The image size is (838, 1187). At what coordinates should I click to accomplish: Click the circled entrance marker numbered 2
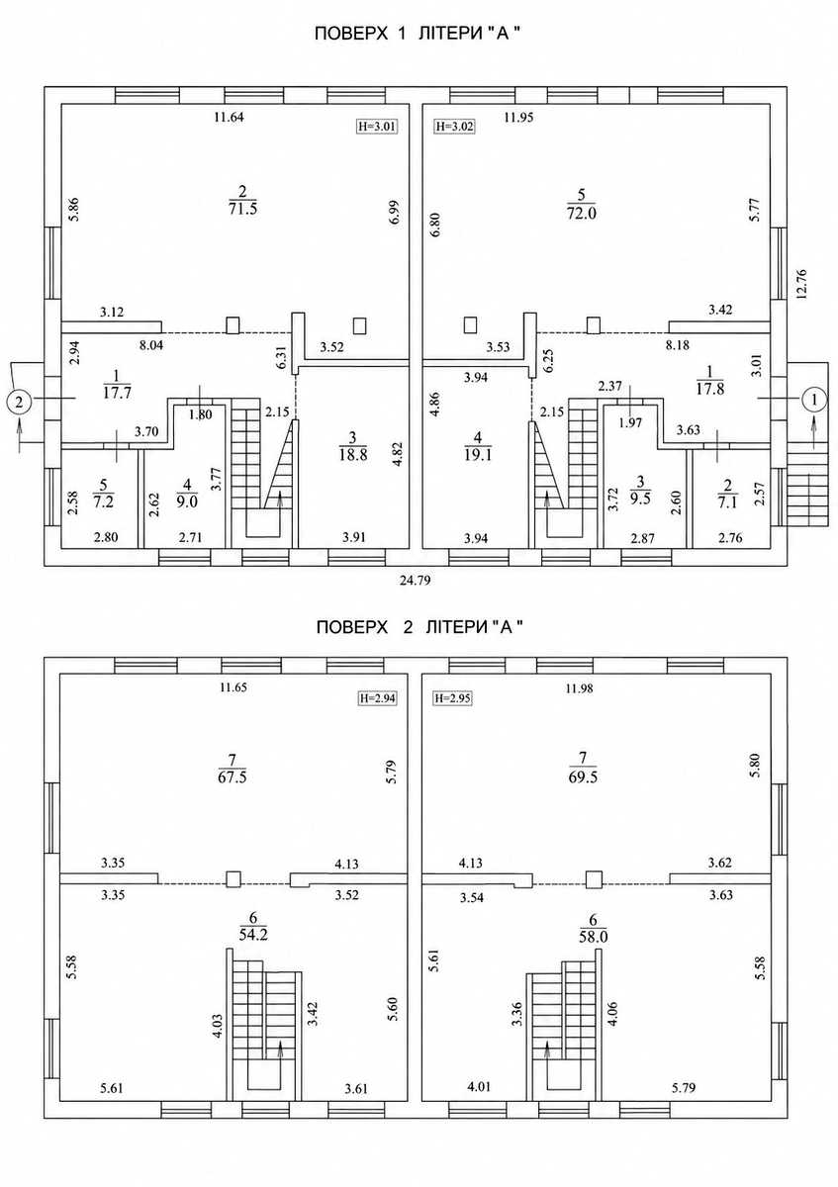(x=19, y=402)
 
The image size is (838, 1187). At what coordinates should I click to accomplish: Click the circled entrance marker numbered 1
(x=814, y=399)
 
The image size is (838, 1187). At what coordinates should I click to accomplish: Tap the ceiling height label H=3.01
(x=377, y=127)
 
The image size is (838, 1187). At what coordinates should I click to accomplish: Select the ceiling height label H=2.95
(x=452, y=698)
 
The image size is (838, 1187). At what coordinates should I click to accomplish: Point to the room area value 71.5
(x=242, y=209)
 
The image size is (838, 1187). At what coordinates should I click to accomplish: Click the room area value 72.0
(x=582, y=213)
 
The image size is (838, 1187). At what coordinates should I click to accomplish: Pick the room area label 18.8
(x=353, y=454)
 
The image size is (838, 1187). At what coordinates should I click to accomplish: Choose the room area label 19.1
(x=478, y=455)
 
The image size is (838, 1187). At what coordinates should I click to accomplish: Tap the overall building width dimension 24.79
(x=415, y=581)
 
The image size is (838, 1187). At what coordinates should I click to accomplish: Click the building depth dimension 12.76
(x=800, y=285)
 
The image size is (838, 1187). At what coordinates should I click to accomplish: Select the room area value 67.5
(x=233, y=777)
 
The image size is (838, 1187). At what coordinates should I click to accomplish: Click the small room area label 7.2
(x=103, y=502)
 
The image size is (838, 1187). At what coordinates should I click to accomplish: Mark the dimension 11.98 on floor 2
(x=580, y=688)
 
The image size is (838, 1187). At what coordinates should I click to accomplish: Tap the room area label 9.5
(x=640, y=499)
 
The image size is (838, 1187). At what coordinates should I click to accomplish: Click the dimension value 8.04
(x=151, y=345)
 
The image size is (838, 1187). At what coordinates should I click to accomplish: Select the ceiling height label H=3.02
(x=454, y=127)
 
